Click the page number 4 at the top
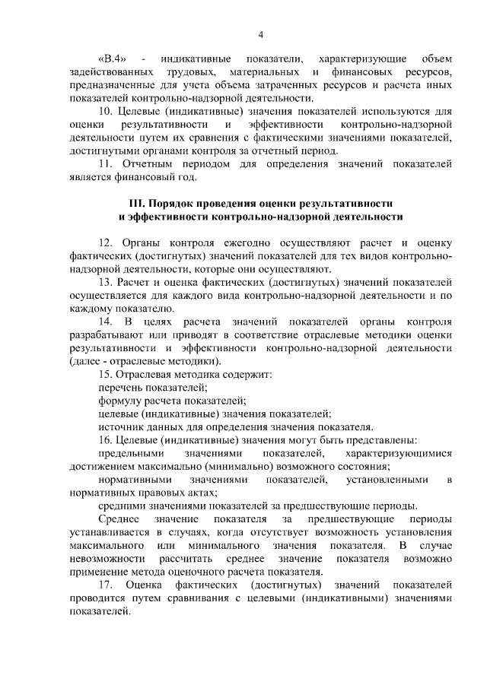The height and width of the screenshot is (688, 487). pos(261,33)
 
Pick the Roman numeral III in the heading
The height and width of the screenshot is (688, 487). pos(139,204)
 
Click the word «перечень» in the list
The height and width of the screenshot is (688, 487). pos(122,387)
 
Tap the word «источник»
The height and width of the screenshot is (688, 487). pos(121,426)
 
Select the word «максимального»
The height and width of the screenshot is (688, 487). pos(104,546)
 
